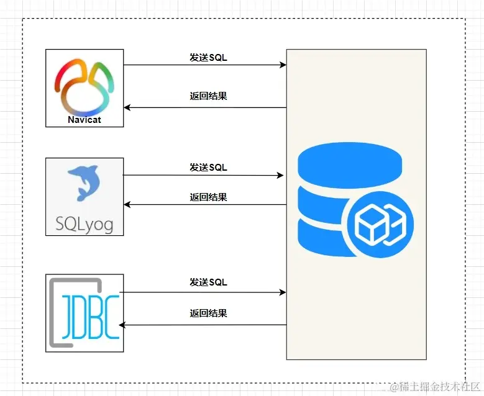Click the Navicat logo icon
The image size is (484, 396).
coord(84,83)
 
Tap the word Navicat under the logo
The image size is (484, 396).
coord(84,120)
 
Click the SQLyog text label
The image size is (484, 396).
coord(84,223)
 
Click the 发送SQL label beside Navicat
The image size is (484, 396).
coord(208,58)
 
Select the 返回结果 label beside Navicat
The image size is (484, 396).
coord(208,96)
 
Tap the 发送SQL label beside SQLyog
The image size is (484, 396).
coord(208,168)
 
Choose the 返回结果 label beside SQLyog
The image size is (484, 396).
coord(208,197)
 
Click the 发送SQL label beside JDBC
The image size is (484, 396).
coord(208,282)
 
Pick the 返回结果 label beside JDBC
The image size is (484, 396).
coord(208,313)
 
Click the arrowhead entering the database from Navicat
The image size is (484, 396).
coord(283,65)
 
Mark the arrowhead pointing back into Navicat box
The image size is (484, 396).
coord(127,107)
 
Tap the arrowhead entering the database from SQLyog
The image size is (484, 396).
coord(280,176)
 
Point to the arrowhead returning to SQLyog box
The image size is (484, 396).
coord(127,204)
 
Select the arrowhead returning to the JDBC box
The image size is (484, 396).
coord(122,325)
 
